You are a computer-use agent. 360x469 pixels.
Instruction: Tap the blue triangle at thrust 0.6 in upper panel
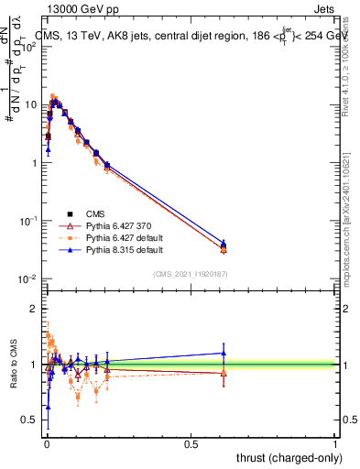(x=223, y=242)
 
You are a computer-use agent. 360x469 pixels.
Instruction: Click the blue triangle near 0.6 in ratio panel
(x=223, y=353)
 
